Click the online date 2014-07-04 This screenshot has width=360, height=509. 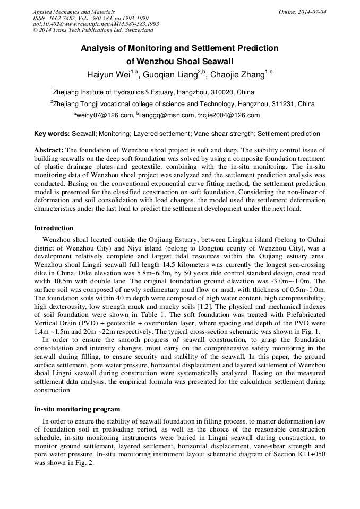click(313, 12)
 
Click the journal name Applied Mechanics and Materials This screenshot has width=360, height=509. click(73, 12)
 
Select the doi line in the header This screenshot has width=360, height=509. click(96, 24)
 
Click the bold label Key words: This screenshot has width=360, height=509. click(52, 134)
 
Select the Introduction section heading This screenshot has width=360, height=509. click(54, 228)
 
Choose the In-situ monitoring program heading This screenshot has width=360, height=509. click(77, 409)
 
